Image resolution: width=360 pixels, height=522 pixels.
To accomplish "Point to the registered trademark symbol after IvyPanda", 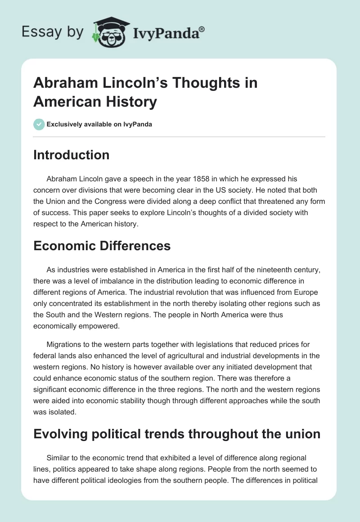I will pyautogui.click(x=202, y=28).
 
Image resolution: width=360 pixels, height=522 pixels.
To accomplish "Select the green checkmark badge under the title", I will pyautogui.click(x=39, y=124).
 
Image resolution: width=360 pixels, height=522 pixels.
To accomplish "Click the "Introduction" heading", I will pyautogui.click(x=71, y=155).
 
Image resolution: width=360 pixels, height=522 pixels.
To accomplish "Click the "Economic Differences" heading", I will pyautogui.click(x=102, y=246).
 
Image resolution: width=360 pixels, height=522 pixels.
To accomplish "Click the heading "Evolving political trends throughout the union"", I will pyautogui.click(x=177, y=434).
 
